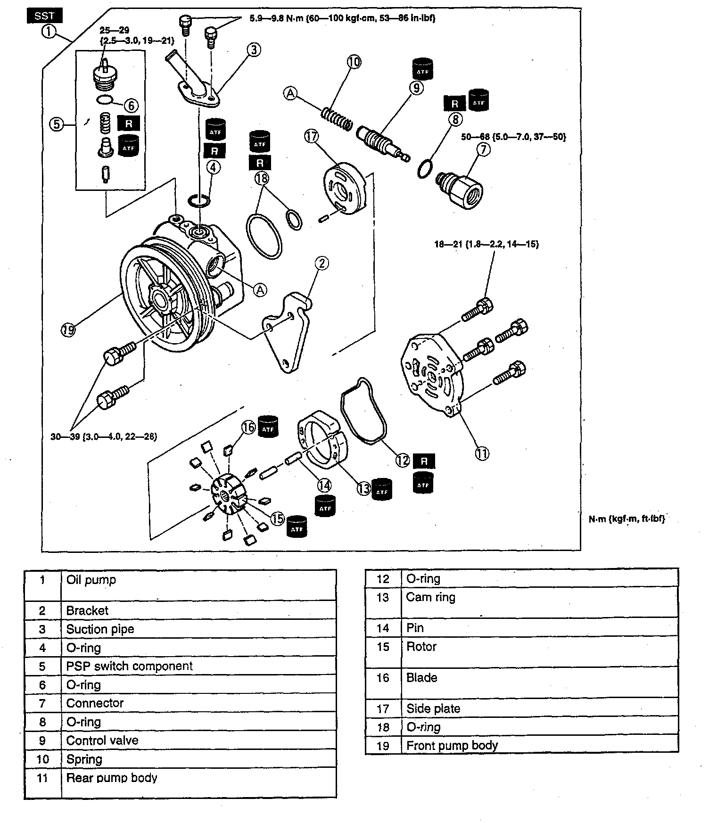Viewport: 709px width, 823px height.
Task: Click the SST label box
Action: pos(45,16)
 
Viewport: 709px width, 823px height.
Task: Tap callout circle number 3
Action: pos(254,49)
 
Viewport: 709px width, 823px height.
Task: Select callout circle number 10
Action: pos(354,62)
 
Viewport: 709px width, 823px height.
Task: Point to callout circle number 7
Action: pos(484,149)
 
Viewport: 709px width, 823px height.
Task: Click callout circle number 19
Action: pos(68,330)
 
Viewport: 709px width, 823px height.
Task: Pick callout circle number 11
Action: pos(482,453)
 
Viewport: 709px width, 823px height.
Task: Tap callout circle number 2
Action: pos(322,263)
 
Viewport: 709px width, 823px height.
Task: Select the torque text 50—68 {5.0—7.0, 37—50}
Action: pos(513,137)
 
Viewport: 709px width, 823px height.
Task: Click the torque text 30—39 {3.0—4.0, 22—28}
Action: pos(104,436)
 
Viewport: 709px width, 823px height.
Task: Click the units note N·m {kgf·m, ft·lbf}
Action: pos(627,519)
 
